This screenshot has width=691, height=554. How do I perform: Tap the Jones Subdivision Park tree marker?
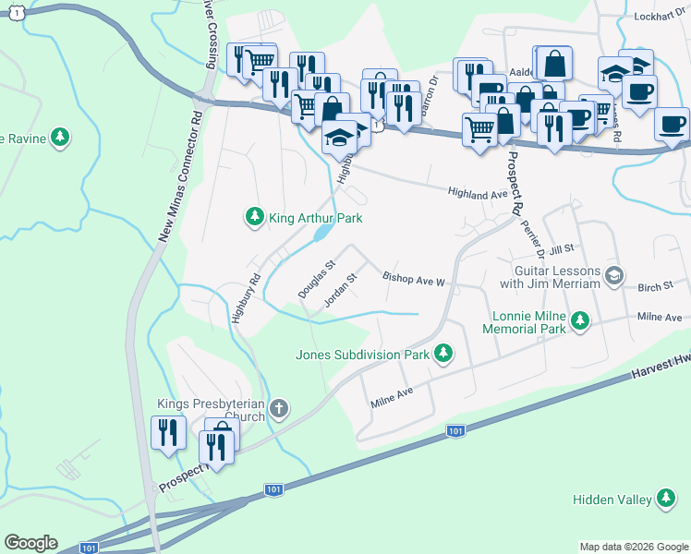(x=443, y=353)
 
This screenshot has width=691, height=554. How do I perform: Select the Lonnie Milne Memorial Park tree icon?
(x=579, y=320)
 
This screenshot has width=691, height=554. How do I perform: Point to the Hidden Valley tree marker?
(x=664, y=500)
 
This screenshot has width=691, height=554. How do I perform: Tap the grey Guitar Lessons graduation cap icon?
(x=614, y=275)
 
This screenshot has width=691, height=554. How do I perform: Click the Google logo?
(x=30, y=543)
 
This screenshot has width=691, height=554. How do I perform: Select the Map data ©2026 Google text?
(x=633, y=547)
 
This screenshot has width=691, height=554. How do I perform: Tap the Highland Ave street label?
(x=478, y=194)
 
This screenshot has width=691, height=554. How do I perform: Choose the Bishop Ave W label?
(x=414, y=278)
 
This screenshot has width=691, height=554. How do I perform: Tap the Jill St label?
(x=561, y=249)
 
